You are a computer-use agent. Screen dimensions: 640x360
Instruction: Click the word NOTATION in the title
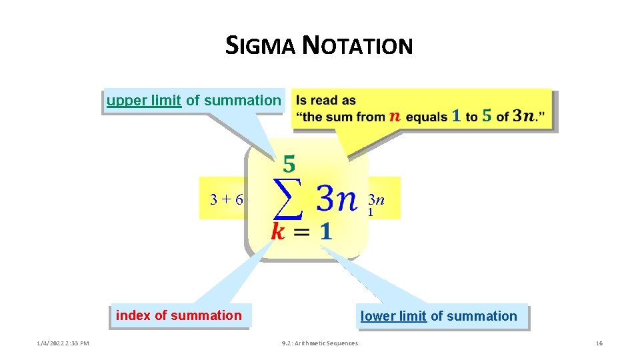pos(357,46)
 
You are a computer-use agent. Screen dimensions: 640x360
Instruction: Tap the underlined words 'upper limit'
pos(144,101)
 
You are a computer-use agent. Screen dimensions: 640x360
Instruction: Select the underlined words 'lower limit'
pos(393,316)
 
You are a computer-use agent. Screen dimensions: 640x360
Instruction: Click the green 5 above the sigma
pos(290,163)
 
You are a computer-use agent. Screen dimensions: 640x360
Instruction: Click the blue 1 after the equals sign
pos(325,231)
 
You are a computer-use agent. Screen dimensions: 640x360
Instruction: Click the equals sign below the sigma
pos(301,232)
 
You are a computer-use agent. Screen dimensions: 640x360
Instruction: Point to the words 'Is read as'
pos(326,101)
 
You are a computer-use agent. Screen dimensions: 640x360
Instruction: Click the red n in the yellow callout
pos(395,117)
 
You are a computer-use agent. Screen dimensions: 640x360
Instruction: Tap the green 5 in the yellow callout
pos(487,116)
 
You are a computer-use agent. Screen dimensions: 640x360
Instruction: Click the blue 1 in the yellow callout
pos(456,116)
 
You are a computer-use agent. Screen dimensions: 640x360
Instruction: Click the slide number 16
pos(599,343)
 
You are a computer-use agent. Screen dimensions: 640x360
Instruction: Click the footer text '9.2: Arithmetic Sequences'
pos(320,343)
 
